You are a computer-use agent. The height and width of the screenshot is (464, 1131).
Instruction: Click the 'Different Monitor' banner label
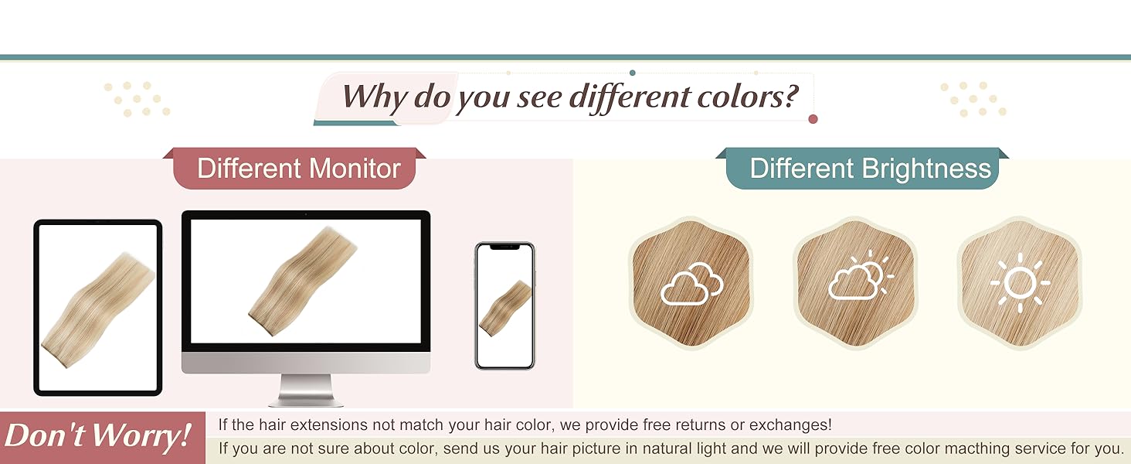298,169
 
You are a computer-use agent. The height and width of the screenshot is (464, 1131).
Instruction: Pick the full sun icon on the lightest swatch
1020,282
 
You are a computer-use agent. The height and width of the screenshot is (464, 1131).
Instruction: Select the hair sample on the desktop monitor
304,275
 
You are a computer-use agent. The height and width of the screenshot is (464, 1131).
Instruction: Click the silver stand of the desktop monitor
306,390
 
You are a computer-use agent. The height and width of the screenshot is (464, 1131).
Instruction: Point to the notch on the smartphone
505,247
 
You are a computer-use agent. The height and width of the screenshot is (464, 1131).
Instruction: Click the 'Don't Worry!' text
98,435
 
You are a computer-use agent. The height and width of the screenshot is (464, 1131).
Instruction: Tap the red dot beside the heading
813,119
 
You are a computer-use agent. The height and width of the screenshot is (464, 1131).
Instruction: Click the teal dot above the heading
632,73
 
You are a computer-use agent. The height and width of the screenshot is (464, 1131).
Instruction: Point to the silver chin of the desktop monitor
306,363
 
